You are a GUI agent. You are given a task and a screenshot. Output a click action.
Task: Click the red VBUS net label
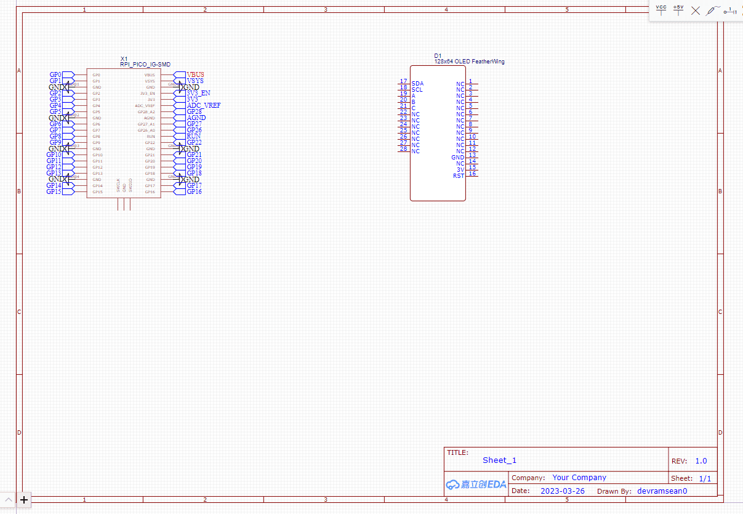[x=195, y=74]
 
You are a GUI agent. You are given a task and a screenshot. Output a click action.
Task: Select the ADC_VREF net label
[x=203, y=105]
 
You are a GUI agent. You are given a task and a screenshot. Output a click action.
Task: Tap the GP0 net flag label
[x=55, y=74]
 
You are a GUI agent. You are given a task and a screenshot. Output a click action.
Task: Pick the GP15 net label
[x=54, y=191]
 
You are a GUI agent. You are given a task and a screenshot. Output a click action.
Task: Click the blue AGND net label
[x=196, y=118]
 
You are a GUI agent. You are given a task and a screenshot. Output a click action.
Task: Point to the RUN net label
[x=193, y=136]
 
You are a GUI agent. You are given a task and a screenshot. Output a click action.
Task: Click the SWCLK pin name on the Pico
[x=118, y=185]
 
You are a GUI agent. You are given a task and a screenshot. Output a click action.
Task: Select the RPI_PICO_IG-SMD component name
[x=145, y=65]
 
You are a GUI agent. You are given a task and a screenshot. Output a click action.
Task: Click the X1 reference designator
[x=124, y=59]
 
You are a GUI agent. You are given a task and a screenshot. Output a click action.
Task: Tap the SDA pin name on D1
[x=417, y=84]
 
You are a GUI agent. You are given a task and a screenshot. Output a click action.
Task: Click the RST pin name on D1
[x=459, y=176]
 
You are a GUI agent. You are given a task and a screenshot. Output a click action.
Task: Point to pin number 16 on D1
[x=472, y=174]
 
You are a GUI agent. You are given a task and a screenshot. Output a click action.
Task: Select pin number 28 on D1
[x=403, y=149]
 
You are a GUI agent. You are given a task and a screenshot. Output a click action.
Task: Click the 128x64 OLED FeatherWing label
[x=469, y=62]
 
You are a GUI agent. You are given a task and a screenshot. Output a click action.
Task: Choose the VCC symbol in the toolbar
[x=661, y=10]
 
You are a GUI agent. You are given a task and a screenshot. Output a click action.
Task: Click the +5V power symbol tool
[x=678, y=10]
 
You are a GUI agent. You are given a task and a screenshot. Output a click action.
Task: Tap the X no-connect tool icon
[x=696, y=10]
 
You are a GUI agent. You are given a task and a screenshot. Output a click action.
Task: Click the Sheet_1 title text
[x=499, y=460]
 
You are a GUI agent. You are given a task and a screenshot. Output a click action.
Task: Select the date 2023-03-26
[x=563, y=491]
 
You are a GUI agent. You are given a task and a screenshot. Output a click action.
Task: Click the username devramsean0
[x=662, y=491]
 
